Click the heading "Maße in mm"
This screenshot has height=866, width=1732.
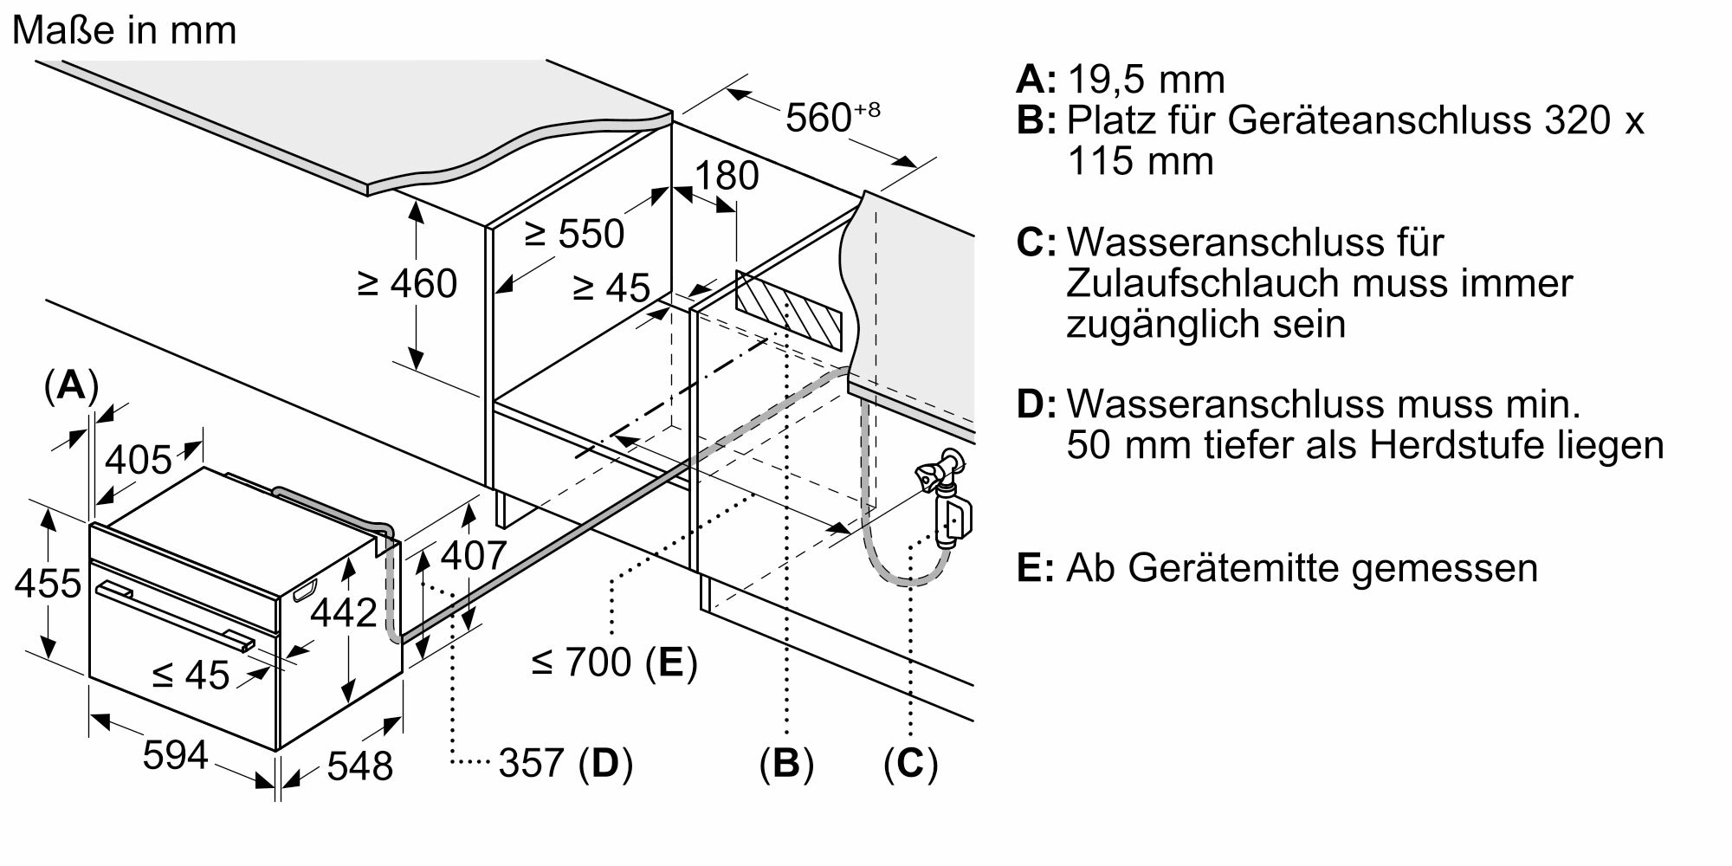click(x=125, y=31)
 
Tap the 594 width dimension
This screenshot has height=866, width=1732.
click(x=176, y=755)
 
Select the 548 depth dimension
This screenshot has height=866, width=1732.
click(x=360, y=766)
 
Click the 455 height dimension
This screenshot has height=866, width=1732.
click(x=48, y=583)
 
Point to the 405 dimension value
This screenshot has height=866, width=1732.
click(x=139, y=459)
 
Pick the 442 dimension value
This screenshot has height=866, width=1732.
click(x=344, y=612)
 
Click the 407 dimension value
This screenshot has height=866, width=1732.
click(x=473, y=555)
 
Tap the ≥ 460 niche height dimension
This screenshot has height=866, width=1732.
click(x=407, y=283)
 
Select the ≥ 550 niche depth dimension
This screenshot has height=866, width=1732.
click(x=573, y=234)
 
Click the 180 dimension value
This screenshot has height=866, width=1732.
click(x=727, y=176)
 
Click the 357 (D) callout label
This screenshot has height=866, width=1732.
click(x=565, y=763)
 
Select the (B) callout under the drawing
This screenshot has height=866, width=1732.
click(x=786, y=763)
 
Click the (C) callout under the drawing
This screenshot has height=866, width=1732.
click(x=910, y=763)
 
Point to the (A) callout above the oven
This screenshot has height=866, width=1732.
click(x=71, y=385)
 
